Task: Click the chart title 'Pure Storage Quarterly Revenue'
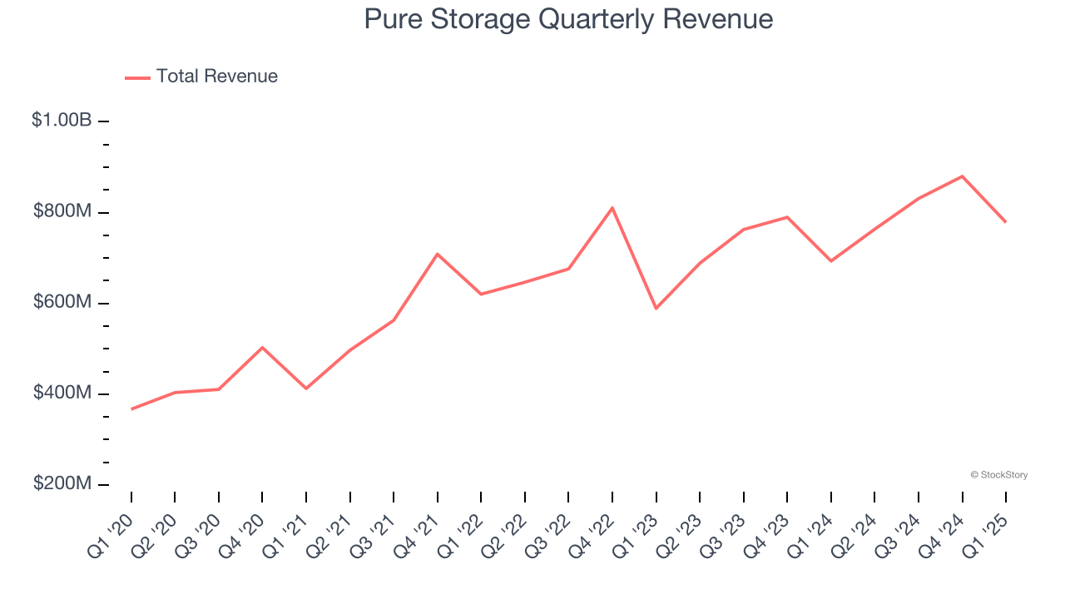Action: pyautogui.click(x=568, y=19)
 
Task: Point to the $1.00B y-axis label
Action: pyautogui.click(x=62, y=121)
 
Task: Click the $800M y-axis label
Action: pyautogui.click(x=62, y=211)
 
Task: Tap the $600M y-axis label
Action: pyautogui.click(x=62, y=302)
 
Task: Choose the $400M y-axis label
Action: pyautogui.click(x=62, y=393)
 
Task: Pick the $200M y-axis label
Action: pyautogui.click(x=62, y=483)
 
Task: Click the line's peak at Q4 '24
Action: pyautogui.click(x=962, y=176)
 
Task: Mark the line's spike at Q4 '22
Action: pyautogui.click(x=612, y=208)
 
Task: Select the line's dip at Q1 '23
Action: pyautogui.click(x=656, y=308)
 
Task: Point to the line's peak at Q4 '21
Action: pyautogui.click(x=438, y=254)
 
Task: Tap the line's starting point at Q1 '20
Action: pyautogui.click(x=131, y=408)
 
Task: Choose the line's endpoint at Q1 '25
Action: pyautogui.click(x=1005, y=221)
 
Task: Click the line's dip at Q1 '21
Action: pyautogui.click(x=306, y=388)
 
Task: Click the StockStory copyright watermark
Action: pyautogui.click(x=998, y=475)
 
